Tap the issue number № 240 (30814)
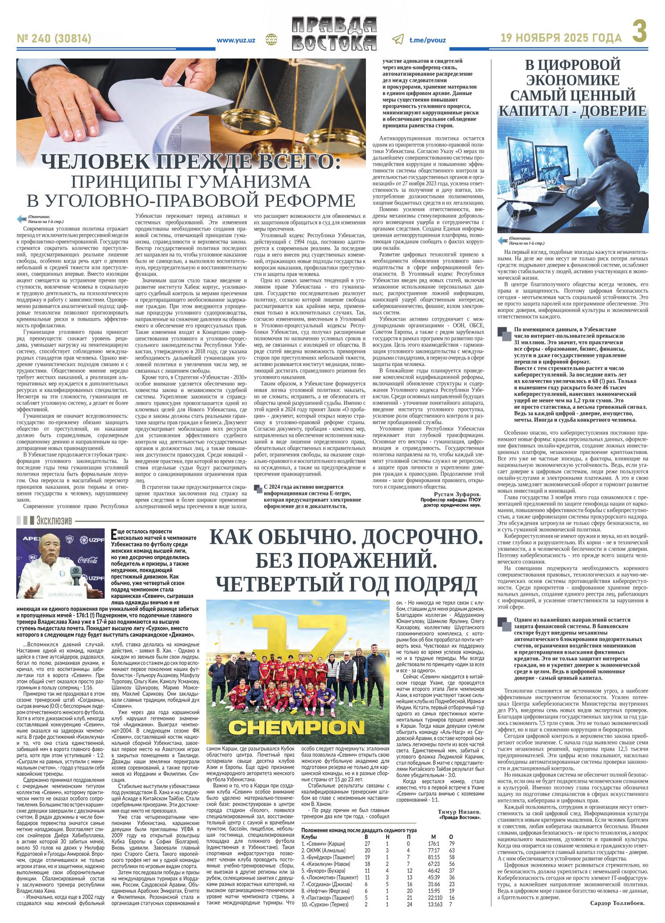point(55,39)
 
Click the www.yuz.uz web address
point(236,40)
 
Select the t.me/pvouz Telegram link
point(427,40)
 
